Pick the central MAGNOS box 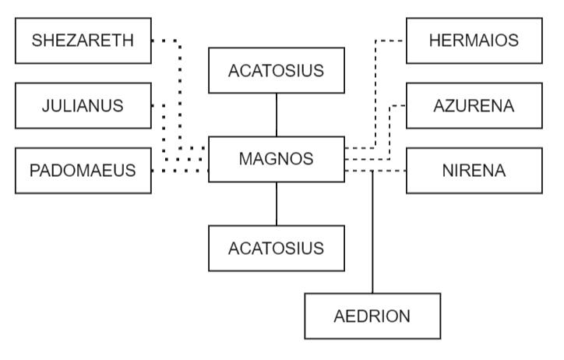tap(277, 159)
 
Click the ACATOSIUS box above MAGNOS tap(277, 71)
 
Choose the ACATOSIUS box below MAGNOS tap(277, 248)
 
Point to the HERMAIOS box tap(474, 41)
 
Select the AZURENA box tap(474, 105)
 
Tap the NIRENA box tap(474, 170)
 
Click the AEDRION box tap(372, 316)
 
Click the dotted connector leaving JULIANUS tap(165, 132)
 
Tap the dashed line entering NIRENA tap(390, 170)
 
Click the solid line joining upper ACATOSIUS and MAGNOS tap(277, 115)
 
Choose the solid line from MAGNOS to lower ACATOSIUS tap(277, 203)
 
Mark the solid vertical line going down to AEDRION tap(373, 234)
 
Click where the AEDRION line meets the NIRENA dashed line tap(373, 170)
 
